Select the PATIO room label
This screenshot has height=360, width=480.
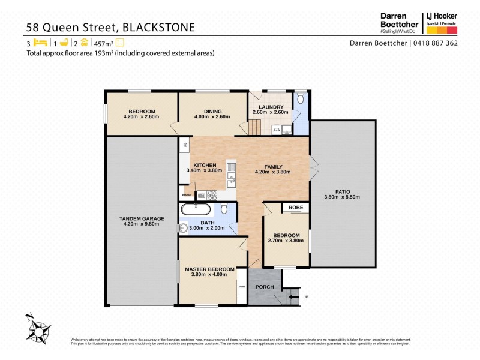[343, 191]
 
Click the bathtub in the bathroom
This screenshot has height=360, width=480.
[196, 209]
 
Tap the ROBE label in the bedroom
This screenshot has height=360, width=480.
[296, 208]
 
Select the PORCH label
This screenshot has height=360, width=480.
[265, 287]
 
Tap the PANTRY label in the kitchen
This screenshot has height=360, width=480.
[186, 195]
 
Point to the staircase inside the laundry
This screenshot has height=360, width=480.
[256, 127]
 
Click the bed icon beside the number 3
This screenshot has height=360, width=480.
[40, 43]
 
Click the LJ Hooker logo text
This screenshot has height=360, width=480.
[445, 17]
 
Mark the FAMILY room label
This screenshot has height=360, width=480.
[274, 167]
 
